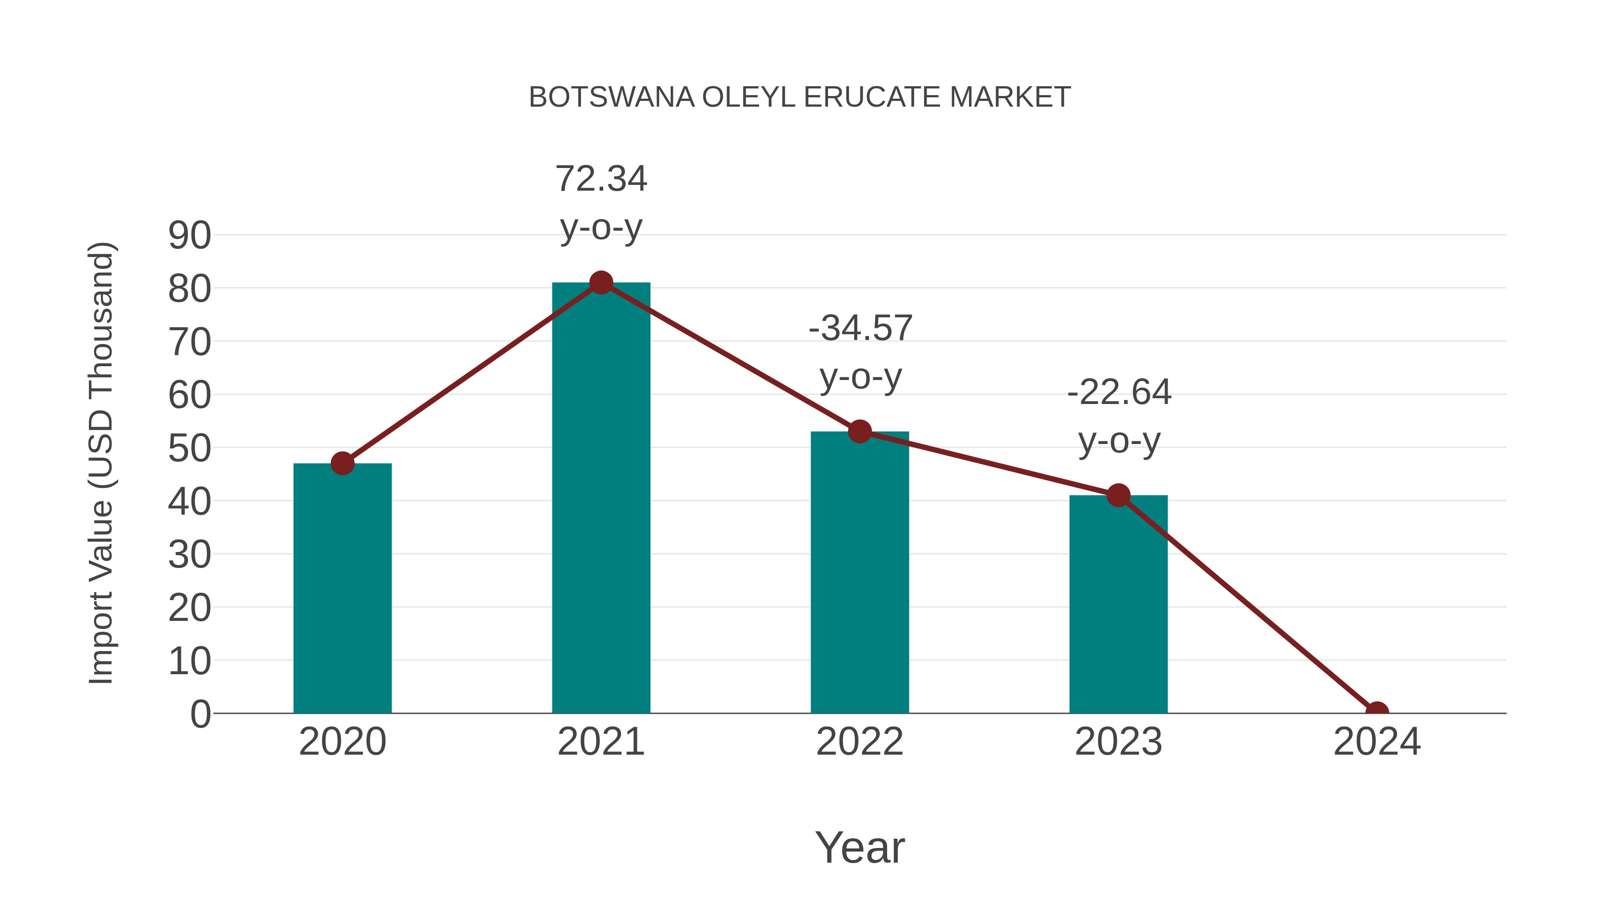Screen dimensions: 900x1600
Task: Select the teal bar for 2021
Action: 600,497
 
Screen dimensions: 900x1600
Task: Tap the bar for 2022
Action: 860,572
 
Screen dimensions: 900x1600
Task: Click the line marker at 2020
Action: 342,464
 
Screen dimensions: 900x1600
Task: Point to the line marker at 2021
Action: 600,283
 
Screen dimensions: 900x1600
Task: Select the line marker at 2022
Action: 860,431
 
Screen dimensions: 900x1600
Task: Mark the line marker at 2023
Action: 1118,495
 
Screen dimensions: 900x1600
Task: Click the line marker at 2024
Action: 1376,712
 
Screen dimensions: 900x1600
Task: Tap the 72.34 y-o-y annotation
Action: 600,203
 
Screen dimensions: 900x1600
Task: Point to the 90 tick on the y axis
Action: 189,236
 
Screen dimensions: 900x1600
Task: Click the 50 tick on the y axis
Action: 189,448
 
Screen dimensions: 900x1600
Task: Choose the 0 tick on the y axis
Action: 200,714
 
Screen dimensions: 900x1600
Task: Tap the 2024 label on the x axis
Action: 1376,742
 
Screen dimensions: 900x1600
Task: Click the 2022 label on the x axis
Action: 860,742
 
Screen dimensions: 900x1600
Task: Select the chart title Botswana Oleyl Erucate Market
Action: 800,97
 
